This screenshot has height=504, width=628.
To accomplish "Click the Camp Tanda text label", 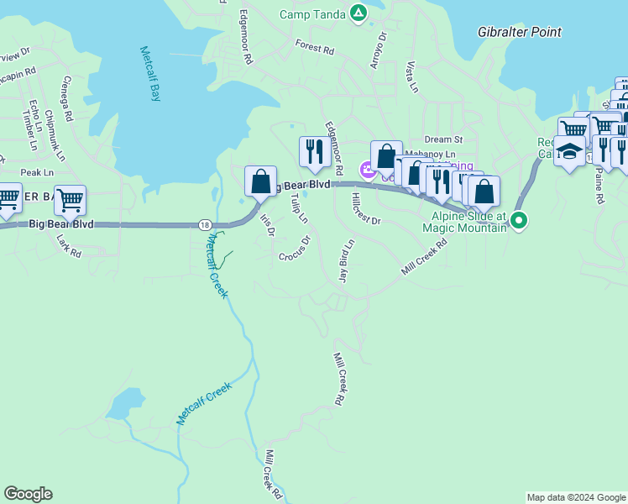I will click(x=311, y=13).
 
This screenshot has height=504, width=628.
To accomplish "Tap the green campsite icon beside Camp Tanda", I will click(x=358, y=13).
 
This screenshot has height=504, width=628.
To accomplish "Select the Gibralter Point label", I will click(x=519, y=32).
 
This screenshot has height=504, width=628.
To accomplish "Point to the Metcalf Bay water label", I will click(x=149, y=74).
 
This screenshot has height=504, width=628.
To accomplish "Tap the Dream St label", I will click(x=443, y=139).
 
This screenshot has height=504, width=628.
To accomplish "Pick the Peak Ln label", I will click(x=37, y=172).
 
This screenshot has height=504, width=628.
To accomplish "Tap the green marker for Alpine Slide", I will click(x=520, y=222).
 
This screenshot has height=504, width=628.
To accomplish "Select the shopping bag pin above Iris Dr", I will click(x=260, y=181).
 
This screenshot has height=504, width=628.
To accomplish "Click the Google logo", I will click(x=28, y=494).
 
